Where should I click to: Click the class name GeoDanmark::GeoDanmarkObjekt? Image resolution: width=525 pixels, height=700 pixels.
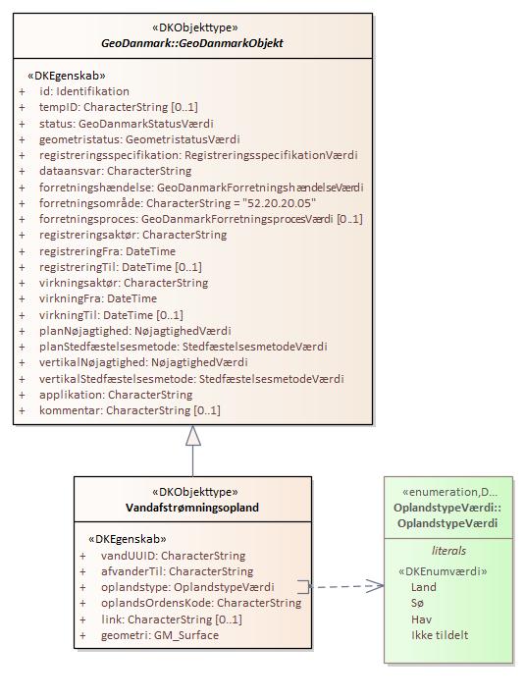tap(192, 43)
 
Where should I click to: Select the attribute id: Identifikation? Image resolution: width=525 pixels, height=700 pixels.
tap(84, 91)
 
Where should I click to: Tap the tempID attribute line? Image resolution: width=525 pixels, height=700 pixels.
tap(118, 107)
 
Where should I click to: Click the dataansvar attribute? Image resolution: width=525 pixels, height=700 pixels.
tap(115, 171)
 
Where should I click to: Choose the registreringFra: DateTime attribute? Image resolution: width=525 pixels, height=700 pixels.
tap(107, 251)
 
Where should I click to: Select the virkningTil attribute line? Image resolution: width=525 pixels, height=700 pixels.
tap(111, 315)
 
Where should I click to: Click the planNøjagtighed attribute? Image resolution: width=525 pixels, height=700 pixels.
tap(135, 331)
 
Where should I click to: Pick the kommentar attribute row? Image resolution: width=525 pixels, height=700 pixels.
tap(130, 410)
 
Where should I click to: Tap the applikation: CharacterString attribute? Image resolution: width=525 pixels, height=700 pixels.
tap(116, 395)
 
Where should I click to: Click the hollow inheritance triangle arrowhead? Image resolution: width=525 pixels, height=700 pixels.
tap(193, 435)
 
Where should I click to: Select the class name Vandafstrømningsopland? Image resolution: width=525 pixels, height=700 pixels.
tap(192, 508)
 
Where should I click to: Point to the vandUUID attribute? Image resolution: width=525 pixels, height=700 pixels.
tap(173, 556)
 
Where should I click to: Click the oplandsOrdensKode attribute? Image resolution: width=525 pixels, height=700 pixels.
tap(201, 603)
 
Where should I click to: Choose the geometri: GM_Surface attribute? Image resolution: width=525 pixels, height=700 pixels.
tap(160, 635)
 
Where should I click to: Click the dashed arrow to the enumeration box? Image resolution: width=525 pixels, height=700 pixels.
tap(346, 586)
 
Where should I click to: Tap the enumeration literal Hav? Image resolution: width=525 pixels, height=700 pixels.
tap(422, 619)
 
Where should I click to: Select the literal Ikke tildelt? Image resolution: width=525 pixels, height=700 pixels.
tap(440, 635)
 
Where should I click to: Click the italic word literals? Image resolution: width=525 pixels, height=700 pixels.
tap(448, 551)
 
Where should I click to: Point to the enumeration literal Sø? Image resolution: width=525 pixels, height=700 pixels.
tap(417, 603)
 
